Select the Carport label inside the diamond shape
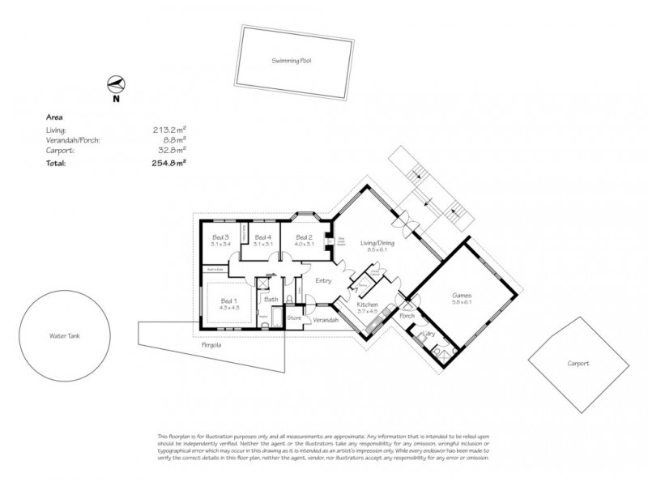pos(578,364)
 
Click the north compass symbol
pos(116,84)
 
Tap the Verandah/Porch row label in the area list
pos(74,139)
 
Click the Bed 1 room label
pos(229,302)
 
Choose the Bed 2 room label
pos(304,237)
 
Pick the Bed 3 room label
pos(220,237)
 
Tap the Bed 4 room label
pos(262,237)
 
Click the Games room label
pos(461,296)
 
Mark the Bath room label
pos(271,299)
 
